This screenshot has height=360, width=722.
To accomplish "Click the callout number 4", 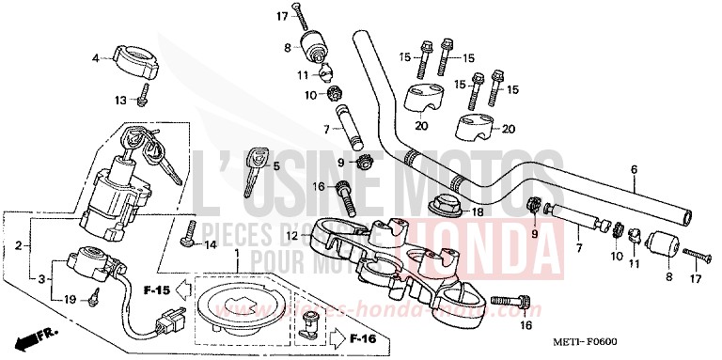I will (x=95, y=58).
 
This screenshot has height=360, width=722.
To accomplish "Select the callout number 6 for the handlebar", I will (x=634, y=169).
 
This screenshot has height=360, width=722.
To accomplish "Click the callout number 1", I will (x=237, y=256).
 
